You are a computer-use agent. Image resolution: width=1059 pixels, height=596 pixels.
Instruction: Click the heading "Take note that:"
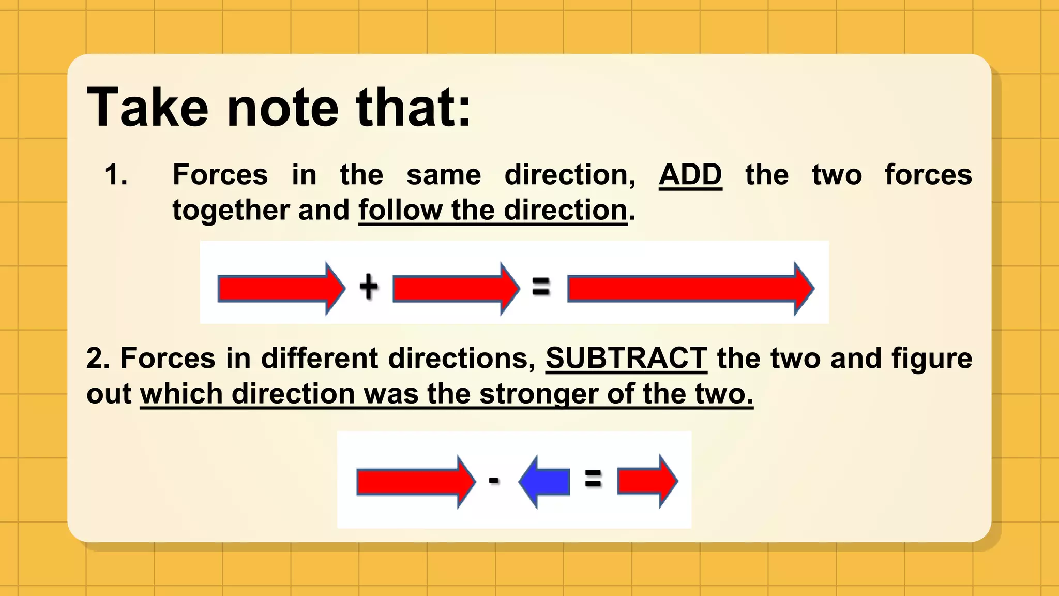(279, 107)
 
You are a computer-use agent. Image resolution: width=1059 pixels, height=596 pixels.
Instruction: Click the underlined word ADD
(690, 175)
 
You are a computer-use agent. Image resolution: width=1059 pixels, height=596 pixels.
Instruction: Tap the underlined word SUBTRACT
(626, 358)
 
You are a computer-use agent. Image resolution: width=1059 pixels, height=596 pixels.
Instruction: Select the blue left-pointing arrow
(544, 482)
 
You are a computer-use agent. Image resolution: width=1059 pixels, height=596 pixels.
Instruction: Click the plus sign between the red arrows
(369, 287)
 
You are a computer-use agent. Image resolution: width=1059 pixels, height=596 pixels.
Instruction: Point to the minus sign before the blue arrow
(494, 481)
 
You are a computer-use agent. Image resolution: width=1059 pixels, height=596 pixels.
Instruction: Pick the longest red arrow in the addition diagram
(690, 289)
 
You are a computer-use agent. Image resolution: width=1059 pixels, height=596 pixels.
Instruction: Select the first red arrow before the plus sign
(281, 289)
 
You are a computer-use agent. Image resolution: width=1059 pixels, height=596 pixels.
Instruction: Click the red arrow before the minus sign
(415, 482)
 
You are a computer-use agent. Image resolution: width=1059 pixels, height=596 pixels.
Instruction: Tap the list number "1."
(116, 175)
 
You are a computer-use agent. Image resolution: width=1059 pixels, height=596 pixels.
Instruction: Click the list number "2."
(98, 358)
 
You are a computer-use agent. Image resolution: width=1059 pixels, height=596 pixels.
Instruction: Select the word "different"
(320, 358)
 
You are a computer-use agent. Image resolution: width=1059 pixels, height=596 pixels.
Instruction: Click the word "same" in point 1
(444, 175)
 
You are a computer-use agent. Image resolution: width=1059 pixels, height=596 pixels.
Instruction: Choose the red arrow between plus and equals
(456, 289)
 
